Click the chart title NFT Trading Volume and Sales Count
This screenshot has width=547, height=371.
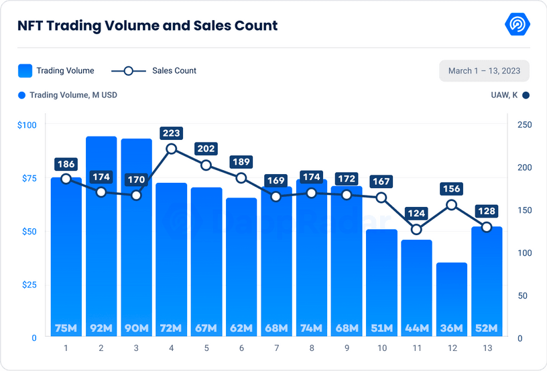[x=147, y=26]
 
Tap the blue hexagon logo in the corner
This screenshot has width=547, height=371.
[x=517, y=25]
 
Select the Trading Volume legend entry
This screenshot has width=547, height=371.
[x=56, y=70]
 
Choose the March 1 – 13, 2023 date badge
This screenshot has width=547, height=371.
[x=484, y=70]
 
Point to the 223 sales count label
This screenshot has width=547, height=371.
[x=171, y=133]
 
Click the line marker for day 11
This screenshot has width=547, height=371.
[x=416, y=229]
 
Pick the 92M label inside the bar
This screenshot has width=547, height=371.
[x=101, y=328]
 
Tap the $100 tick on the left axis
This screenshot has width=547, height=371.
[x=27, y=125]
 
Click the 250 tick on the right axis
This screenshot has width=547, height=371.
[x=525, y=125]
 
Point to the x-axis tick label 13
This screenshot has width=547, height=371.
[x=486, y=348]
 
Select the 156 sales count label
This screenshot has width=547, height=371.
[x=451, y=190]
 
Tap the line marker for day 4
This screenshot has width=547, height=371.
[x=171, y=149]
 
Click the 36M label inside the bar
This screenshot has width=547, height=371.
[x=451, y=328]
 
